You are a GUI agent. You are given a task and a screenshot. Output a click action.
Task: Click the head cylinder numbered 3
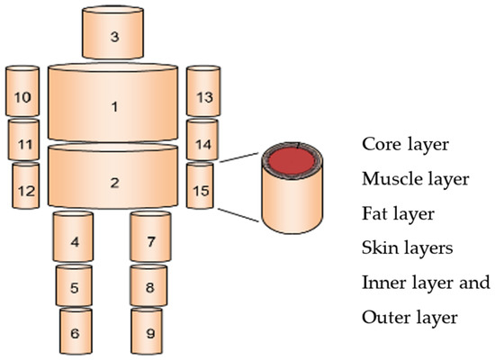pos(113,35)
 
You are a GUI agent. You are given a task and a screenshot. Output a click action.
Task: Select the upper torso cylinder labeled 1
pos(113,106)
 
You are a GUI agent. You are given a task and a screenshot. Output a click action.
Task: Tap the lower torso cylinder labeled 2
pos(113,182)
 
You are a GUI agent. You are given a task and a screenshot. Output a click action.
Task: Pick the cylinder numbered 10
pos(22,96)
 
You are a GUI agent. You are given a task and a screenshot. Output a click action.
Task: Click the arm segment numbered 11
pos(24,142)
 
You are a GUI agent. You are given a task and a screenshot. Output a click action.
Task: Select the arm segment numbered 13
pos(202,96)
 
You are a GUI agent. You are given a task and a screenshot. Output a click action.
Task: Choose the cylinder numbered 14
pos(202,142)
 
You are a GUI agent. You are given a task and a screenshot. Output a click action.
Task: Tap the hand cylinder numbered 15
pos(201,189)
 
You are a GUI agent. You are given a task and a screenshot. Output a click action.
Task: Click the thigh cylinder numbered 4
pos(74,240)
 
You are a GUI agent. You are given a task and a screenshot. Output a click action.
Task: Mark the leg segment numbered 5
pos(74,287)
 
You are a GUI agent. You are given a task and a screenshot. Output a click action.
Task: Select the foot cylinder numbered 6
pos(75,333)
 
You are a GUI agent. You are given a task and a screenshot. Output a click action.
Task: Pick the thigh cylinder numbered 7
pos(150,240)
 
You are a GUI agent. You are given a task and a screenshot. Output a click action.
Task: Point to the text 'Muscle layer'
pos(415,179)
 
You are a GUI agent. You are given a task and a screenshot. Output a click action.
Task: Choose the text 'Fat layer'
pos(398,214)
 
